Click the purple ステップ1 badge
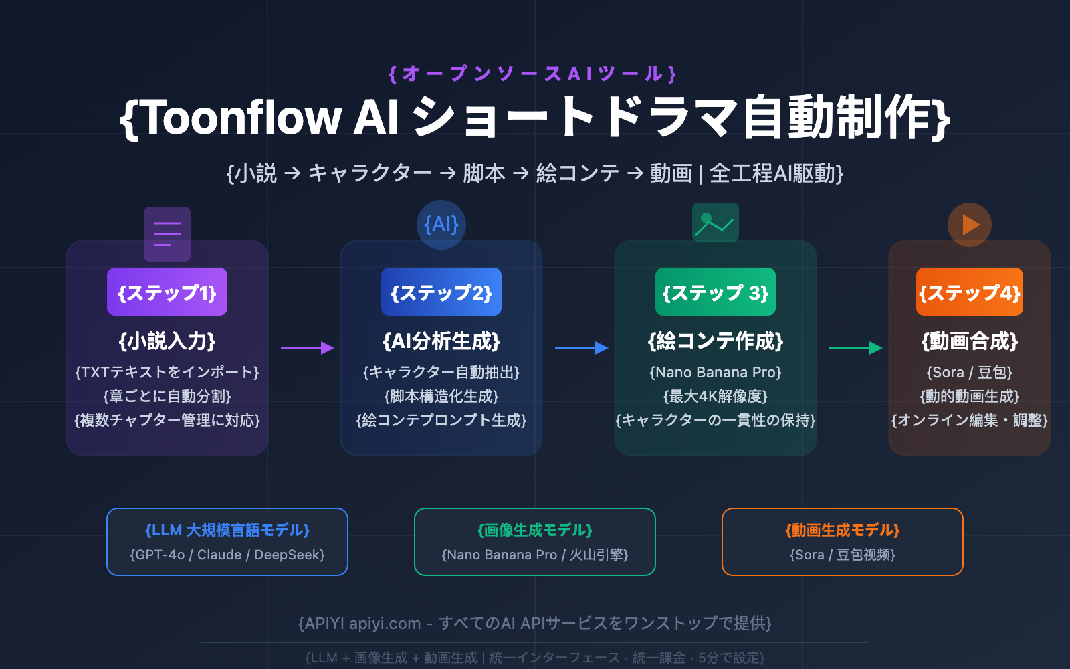pos(167,292)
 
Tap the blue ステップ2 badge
pos(441,292)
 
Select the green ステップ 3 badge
pos(716,292)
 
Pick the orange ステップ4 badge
pos(969,292)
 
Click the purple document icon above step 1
pos(167,233)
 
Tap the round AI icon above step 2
pos(441,225)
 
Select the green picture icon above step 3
pos(716,222)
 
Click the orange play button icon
pos(970,225)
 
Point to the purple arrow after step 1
pos(307,347)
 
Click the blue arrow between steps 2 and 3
pos(581,347)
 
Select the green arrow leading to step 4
pos(855,347)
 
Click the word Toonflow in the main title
pos(242,118)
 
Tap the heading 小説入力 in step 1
pos(167,341)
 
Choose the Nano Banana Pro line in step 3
pos(716,372)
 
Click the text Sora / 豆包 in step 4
pos(970,372)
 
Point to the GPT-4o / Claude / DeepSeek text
pos(227,555)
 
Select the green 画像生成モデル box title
pos(535,530)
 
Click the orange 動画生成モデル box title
pos(843,530)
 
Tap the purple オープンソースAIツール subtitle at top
pos(533,74)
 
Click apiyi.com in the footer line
pos(385,624)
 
